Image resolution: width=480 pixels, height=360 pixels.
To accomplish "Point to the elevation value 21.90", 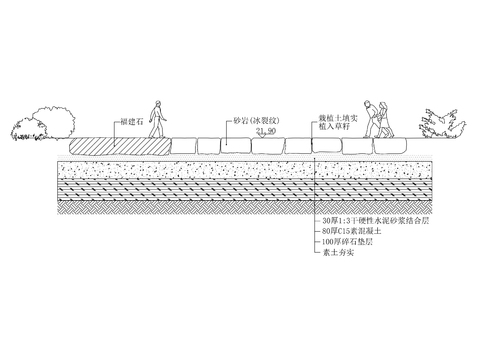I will [x=266, y=131].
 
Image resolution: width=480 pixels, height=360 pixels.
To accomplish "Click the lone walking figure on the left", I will [x=157, y=119].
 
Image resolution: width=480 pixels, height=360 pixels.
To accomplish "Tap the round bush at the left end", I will [x=42, y=123].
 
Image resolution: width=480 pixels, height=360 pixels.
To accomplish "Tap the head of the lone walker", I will [x=157, y=104].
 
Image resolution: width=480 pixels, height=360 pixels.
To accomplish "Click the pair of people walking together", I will [x=376, y=119].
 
